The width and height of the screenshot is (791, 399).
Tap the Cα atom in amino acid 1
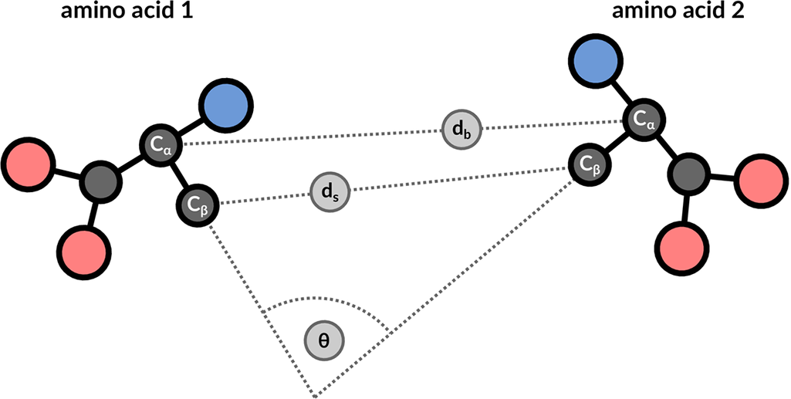[x=160, y=144]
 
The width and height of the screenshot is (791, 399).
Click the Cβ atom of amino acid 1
[x=198, y=205]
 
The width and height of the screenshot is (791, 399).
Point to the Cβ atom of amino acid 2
[x=589, y=163]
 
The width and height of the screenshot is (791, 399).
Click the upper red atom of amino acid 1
[x=28, y=163]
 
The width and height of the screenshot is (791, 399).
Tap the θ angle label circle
[x=324, y=340]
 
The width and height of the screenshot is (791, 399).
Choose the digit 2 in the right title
[x=734, y=13]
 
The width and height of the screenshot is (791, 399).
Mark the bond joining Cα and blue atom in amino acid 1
[x=191, y=125]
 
